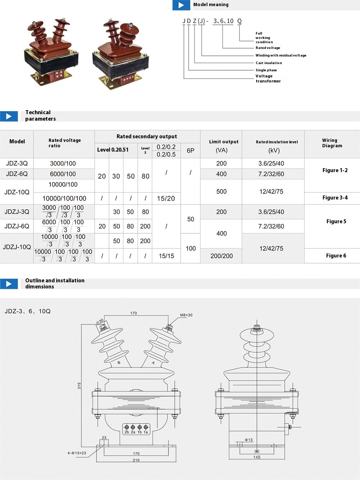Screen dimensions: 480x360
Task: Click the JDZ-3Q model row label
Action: tap(17, 163)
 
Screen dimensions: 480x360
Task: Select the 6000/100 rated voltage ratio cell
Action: tap(63, 174)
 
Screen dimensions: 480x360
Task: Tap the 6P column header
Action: tap(190, 151)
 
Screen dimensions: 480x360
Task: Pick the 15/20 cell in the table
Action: tap(166, 198)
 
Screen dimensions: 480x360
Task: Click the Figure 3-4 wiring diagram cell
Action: tap(335, 198)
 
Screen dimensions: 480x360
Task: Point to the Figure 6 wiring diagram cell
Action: tap(336, 256)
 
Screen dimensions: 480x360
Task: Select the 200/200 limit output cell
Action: tap(221, 256)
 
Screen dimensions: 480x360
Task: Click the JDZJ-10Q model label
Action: tap(17, 247)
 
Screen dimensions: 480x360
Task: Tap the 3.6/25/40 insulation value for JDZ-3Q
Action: tap(271, 163)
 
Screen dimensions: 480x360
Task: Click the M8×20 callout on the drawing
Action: tap(186, 315)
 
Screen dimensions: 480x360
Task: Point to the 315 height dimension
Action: tap(79, 386)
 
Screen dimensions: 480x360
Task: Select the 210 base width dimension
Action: tap(136, 460)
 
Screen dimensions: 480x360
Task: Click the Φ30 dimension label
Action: tap(100, 321)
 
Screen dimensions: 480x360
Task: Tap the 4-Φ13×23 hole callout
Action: tap(77, 453)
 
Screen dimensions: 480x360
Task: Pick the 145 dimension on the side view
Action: tap(257, 457)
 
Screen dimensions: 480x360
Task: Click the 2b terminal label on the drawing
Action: tap(127, 432)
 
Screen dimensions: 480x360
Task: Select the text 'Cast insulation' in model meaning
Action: tap(269, 63)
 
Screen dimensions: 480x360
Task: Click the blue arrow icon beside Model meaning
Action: tap(181, 5)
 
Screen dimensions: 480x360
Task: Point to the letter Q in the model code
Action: tap(239, 21)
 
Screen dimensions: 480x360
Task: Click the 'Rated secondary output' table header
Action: tap(147, 136)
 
